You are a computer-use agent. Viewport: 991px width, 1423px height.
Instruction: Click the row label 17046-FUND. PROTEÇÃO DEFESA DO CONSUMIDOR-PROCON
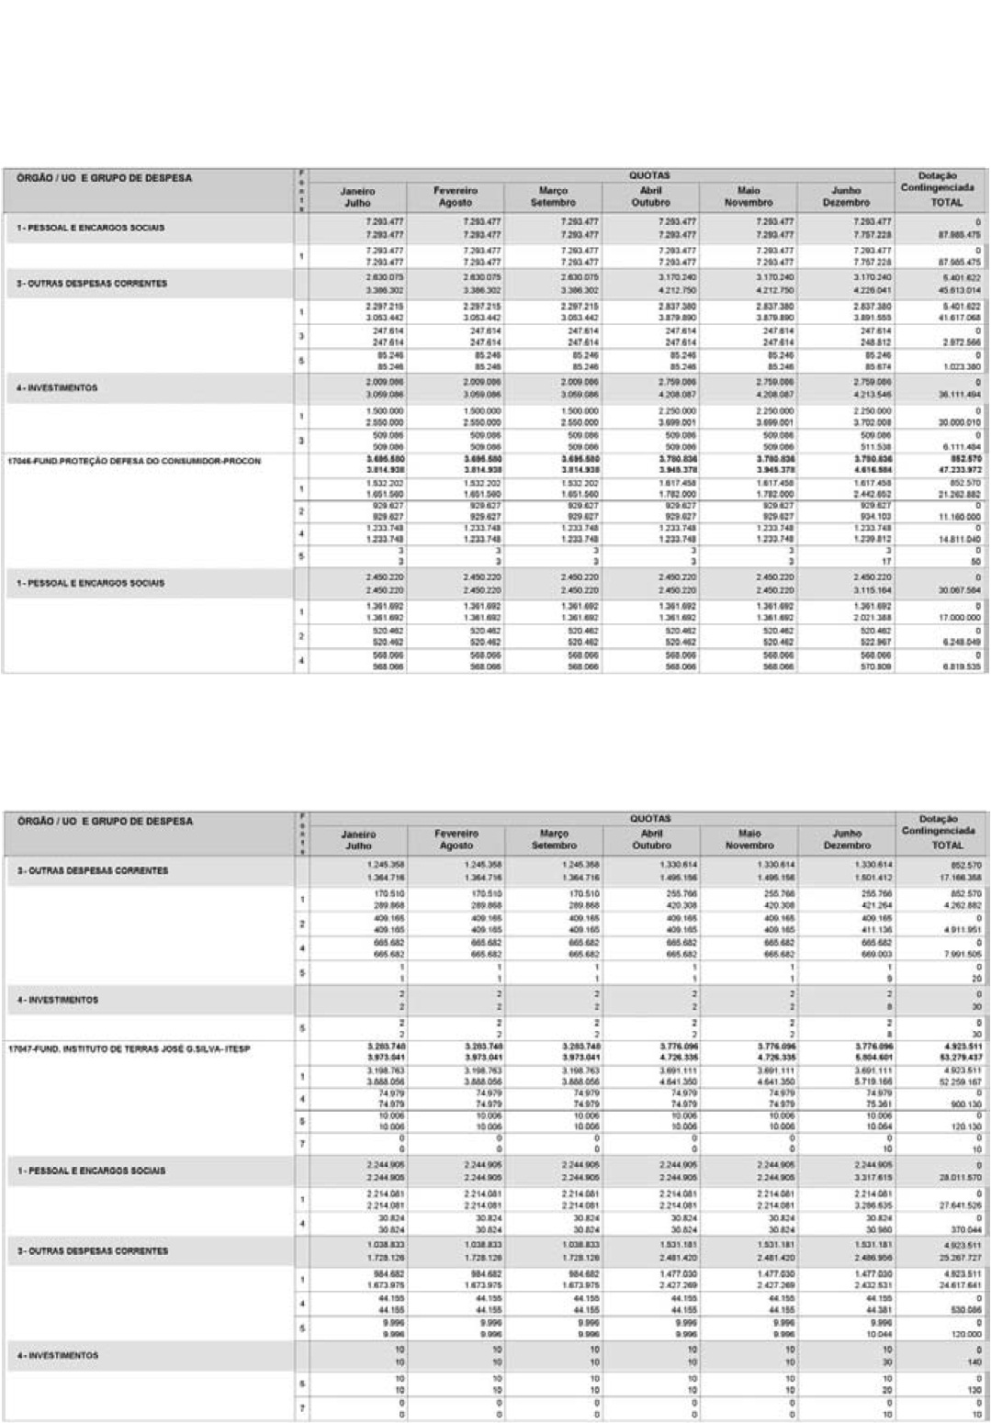tap(134, 461)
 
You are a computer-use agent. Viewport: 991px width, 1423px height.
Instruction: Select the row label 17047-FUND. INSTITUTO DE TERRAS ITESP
tap(130, 1048)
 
